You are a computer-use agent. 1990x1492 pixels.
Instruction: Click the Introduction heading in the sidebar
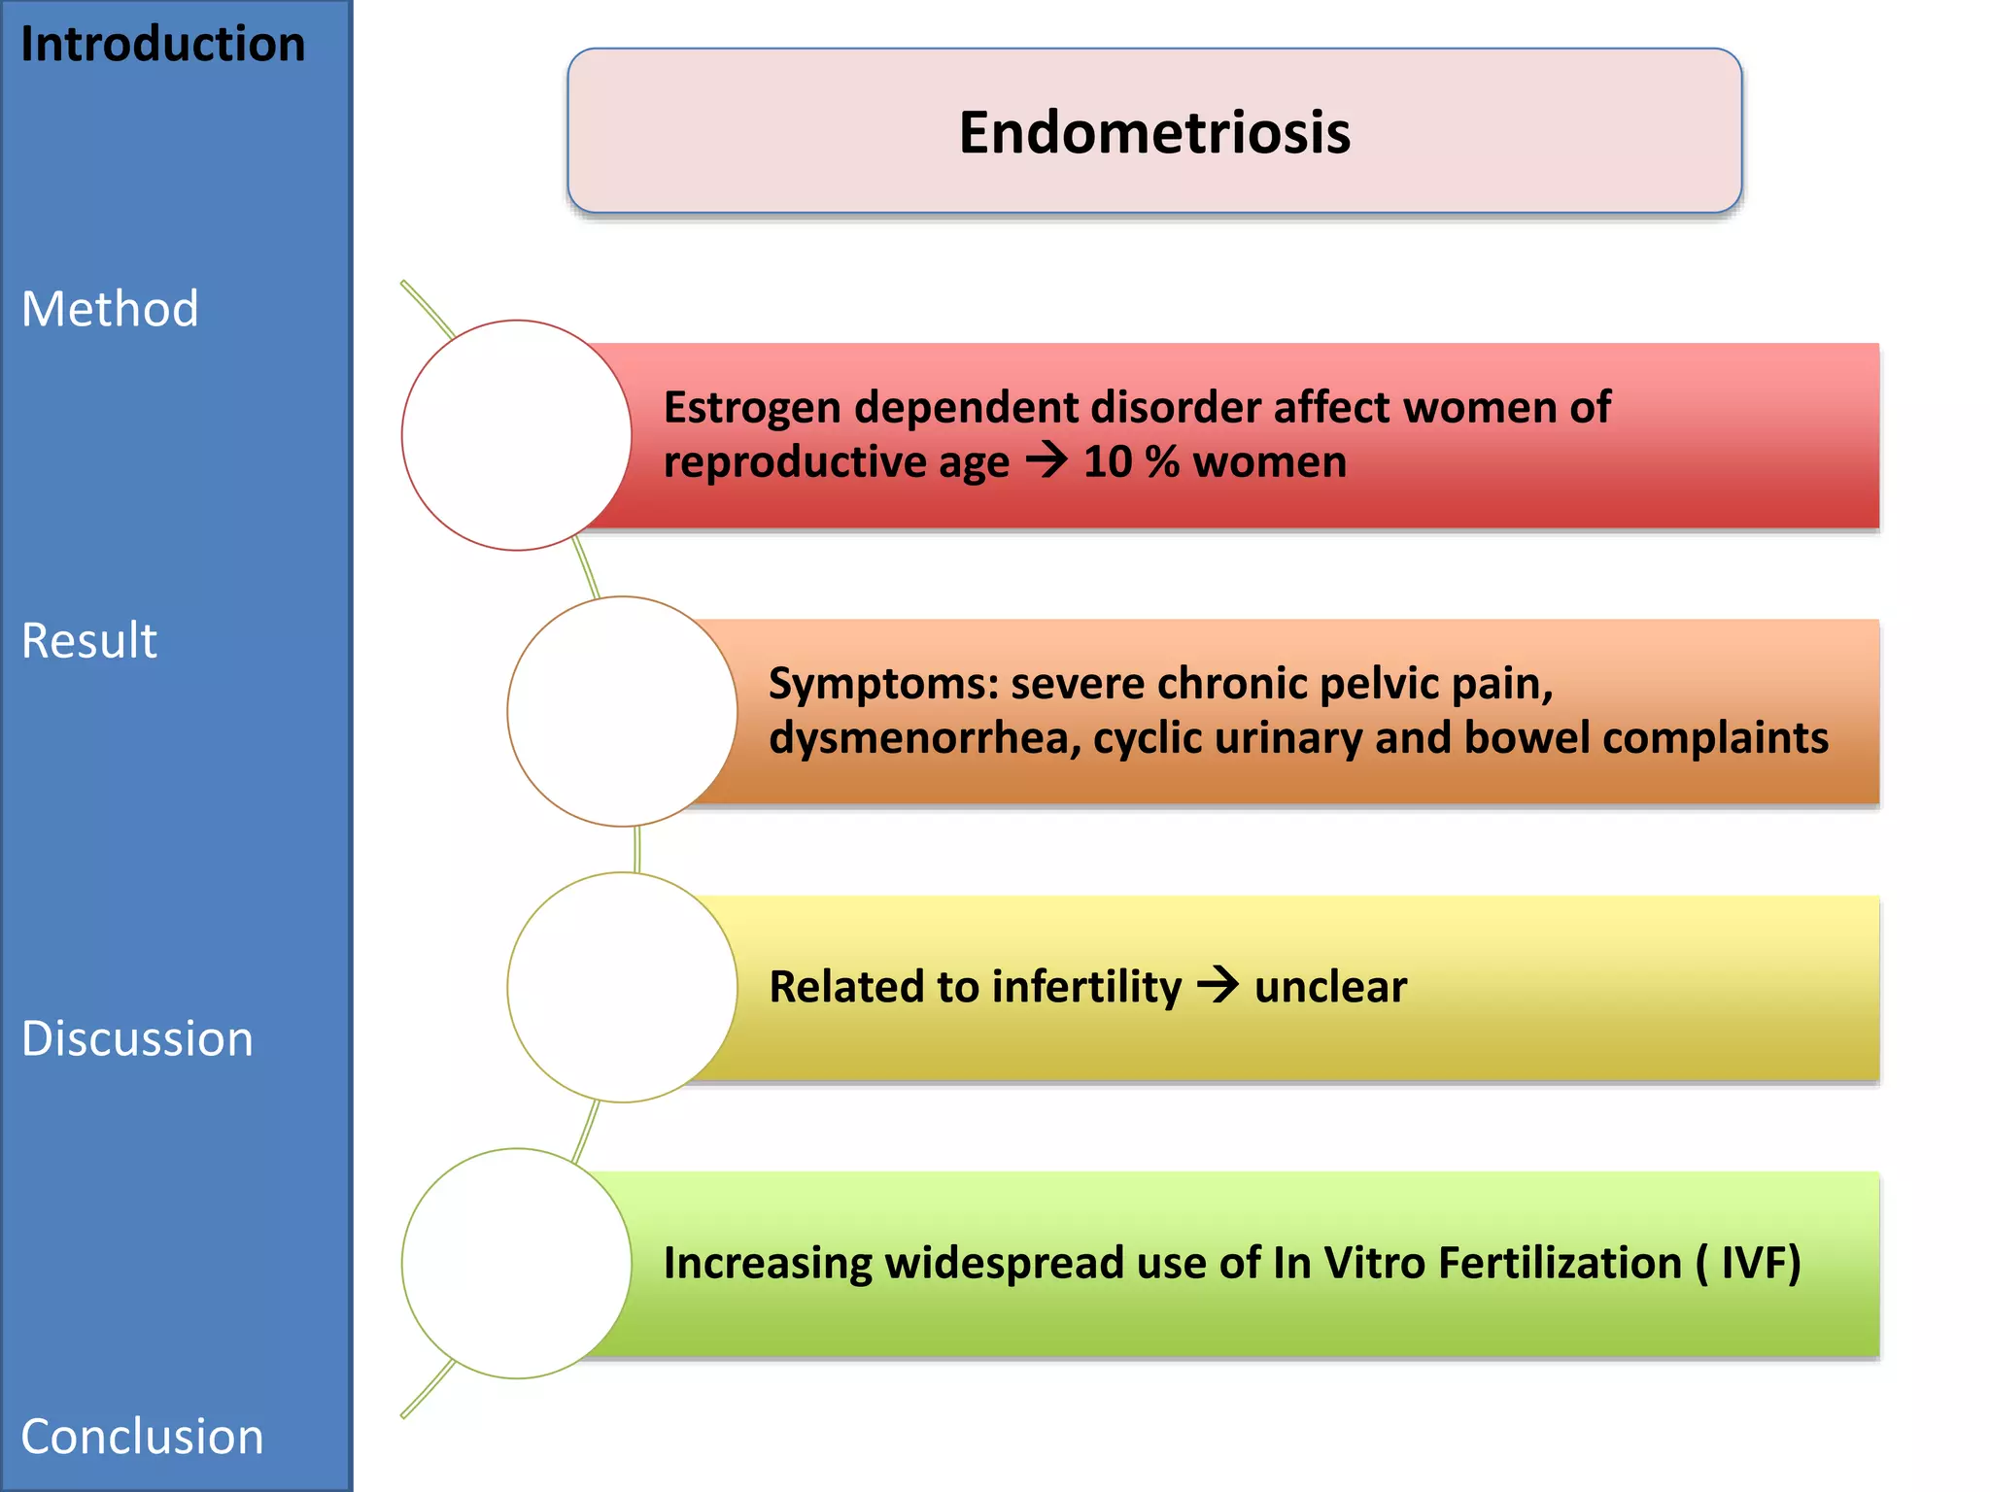[162, 45]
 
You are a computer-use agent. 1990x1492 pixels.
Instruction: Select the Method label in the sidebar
[110, 309]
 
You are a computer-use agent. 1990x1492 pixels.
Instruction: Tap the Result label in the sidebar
[89, 641]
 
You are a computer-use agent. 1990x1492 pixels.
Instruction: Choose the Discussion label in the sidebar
[137, 1038]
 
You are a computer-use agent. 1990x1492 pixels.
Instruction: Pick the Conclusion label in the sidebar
[142, 1437]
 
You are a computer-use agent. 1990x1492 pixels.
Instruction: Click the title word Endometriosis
[1154, 132]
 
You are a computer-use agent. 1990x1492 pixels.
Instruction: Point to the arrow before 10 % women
[1046, 459]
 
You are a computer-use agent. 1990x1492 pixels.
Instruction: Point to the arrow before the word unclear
[1218, 985]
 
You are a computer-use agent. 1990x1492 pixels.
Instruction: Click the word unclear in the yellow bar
[1330, 987]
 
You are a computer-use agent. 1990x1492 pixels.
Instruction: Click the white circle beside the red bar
[517, 435]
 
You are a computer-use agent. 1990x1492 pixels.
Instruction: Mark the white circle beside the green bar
[517, 1263]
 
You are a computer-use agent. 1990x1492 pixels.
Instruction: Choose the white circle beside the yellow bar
[622, 987]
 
